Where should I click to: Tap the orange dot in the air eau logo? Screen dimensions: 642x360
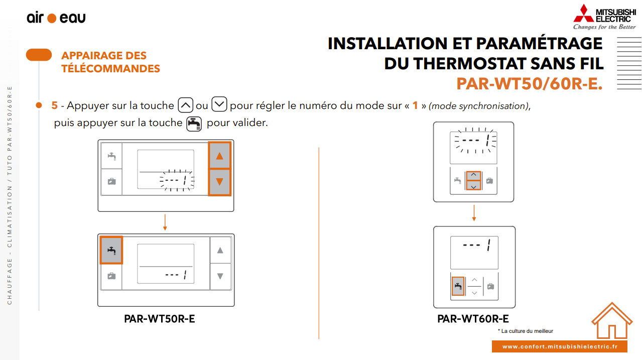(52, 19)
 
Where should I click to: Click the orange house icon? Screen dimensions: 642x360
(612, 320)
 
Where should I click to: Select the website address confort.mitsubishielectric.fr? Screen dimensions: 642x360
(560, 346)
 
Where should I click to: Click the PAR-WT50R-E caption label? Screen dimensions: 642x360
(159, 319)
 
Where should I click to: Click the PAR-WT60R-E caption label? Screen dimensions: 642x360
(473, 319)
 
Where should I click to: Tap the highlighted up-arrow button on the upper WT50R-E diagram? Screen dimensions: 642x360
(219, 156)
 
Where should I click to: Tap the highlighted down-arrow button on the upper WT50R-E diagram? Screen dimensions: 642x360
(219, 182)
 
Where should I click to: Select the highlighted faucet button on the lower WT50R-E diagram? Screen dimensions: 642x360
(111, 250)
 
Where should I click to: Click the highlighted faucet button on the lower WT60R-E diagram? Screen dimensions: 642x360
(458, 286)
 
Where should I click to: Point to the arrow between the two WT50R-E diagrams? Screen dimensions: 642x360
(165, 222)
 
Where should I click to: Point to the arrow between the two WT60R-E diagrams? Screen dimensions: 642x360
(474, 213)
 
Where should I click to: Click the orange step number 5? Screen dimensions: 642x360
(54, 105)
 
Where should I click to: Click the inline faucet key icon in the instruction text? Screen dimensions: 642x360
(194, 124)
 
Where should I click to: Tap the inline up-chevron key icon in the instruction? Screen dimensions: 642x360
(185, 105)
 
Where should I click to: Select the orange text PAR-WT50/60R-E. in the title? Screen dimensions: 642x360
(530, 84)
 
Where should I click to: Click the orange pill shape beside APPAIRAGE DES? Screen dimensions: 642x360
(39, 55)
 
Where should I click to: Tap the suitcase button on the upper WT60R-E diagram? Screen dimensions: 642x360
(489, 181)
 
